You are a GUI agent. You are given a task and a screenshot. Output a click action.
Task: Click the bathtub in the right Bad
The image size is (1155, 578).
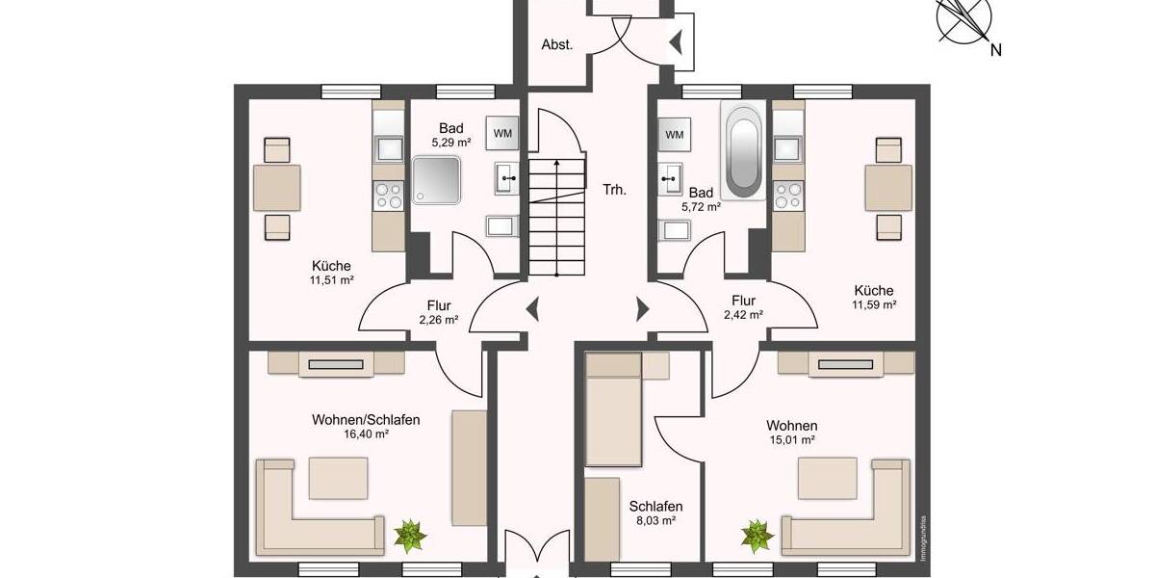744,151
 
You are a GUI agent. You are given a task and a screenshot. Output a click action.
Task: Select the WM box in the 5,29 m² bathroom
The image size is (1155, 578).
502,133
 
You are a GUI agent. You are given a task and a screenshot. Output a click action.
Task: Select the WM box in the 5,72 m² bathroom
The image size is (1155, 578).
674,134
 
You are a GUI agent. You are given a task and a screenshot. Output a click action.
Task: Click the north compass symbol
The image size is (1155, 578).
966,21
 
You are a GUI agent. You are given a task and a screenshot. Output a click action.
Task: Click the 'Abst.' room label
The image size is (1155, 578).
557,44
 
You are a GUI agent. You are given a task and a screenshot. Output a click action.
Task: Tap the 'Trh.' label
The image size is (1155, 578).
614,190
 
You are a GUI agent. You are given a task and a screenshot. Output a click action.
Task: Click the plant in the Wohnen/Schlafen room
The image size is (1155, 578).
412,535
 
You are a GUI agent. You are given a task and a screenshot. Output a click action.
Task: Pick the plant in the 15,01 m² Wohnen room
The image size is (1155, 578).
757,536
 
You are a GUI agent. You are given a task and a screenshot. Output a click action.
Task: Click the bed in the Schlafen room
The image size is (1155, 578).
613,409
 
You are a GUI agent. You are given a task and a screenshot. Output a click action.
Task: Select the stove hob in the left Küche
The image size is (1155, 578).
389,196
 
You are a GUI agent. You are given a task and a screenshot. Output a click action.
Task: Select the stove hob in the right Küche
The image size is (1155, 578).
786,196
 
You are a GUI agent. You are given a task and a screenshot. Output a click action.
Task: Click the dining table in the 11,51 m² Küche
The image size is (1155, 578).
276,188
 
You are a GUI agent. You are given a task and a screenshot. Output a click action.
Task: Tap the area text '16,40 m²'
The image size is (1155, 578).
366,434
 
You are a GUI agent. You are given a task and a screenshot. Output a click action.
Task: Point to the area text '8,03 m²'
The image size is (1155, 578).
655,521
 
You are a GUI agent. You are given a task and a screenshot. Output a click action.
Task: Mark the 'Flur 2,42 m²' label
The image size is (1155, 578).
742,307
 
